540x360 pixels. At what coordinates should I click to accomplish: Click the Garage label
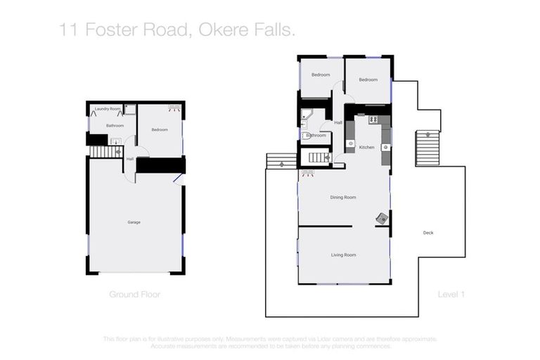[134, 222]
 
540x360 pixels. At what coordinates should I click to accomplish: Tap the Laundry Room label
[108, 109]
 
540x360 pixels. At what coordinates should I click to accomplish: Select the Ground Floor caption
[134, 295]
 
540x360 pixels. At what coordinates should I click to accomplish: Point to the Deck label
[427, 233]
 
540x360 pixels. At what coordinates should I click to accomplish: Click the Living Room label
[343, 255]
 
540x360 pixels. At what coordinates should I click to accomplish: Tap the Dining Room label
[343, 198]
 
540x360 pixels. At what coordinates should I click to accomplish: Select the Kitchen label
[367, 148]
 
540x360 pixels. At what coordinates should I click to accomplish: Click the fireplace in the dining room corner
[381, 219]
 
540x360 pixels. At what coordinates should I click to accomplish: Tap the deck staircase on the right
[427, 148]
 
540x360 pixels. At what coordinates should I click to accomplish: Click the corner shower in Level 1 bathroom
[307, 115]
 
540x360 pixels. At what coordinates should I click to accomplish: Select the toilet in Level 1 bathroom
[306, 136]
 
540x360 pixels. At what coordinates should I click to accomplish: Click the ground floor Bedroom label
[160, 130]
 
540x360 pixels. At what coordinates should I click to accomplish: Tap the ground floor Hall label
[130, 159]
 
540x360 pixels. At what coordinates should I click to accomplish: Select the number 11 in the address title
[67, 30]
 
